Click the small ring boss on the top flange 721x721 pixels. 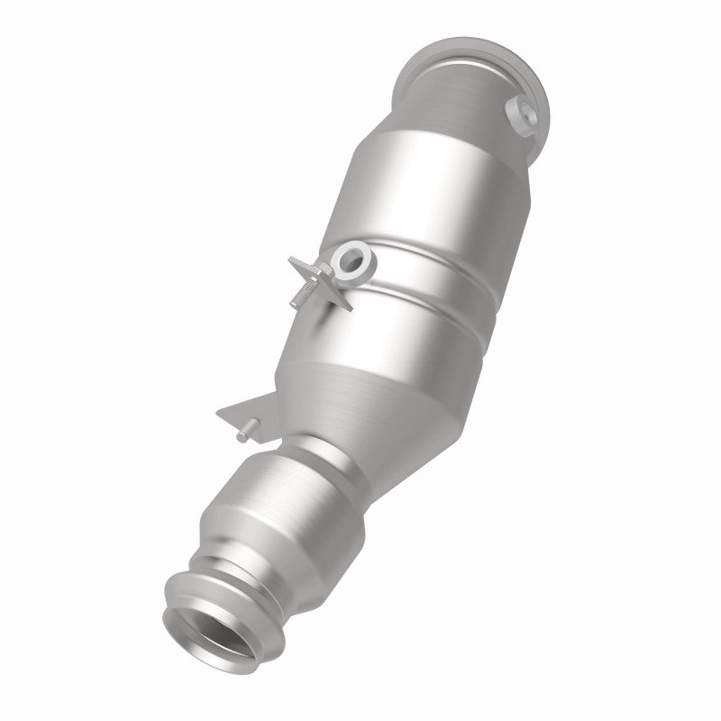(522, 114)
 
